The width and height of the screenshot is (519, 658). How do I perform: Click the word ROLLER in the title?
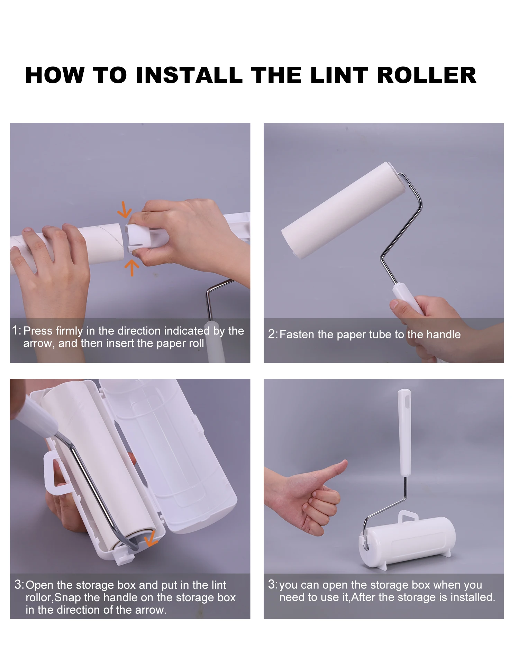click(427, 75)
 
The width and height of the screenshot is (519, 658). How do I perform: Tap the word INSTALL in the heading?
click(189, 75)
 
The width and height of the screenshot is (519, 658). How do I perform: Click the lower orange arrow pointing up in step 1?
click(131, 267)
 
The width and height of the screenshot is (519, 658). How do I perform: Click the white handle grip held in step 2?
click(407, 298)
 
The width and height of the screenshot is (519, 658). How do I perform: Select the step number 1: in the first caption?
click(17, 330)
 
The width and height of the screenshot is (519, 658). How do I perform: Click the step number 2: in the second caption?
click(273, 334)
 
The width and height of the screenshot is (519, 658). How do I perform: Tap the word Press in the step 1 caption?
click(38, 331)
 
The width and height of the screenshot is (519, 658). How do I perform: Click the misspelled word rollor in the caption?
click(39, 597)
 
